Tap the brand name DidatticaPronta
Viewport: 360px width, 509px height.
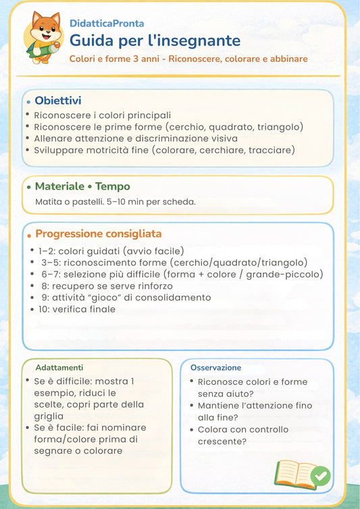[x=107, y=23]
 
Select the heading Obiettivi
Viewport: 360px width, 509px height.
[x=58, y=101]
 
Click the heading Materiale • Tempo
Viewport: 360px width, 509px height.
[x=82, y=186]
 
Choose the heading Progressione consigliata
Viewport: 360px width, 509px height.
[x=98, y=234]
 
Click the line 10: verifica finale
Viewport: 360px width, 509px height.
[x=77, y=309]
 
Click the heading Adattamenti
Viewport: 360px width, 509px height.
[x=59, y=367]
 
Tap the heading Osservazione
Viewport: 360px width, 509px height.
[x=215, y=367]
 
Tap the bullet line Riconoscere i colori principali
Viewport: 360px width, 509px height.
[x=103, y=115]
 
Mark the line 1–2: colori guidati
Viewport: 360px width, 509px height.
[x=111, y=250]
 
